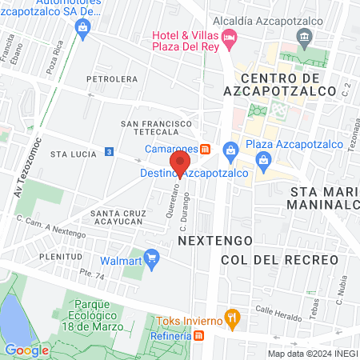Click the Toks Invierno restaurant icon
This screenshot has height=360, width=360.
coord(232,318)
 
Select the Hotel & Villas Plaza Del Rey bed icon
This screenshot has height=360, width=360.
coord(229,36)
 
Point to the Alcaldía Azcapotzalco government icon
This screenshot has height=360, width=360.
coord(304,36)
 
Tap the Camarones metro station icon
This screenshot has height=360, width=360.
coord(206,149)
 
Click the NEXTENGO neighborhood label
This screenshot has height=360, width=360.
coord(214,240)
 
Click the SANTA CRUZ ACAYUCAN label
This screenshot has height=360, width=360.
coord(122,218)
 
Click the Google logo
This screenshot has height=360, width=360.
coord(26,350)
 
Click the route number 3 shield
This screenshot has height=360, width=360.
coord(109,151)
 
